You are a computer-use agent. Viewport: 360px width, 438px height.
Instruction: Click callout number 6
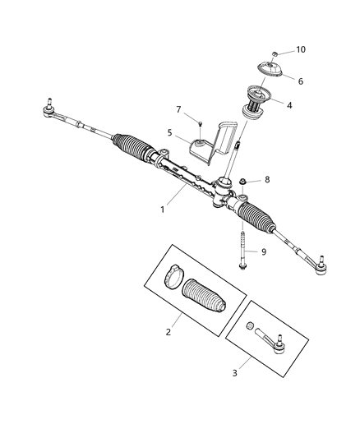click(x=300, y=81)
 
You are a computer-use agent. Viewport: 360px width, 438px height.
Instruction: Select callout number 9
click(x=265, y=251)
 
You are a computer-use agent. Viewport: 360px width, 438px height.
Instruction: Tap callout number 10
click(x=301, y=50)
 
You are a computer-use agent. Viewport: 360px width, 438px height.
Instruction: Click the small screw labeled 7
click(x=198, y=123)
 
